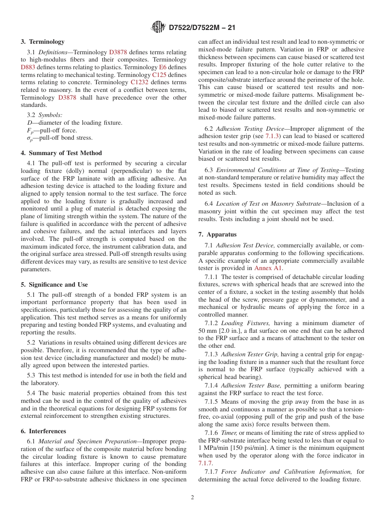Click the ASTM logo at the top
point(158,27)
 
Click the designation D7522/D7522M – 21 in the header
point(201,28)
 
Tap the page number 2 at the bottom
point(192,498)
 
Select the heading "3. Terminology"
point(43,42)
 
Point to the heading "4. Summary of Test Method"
point(61,153)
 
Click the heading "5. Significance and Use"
point(54,285)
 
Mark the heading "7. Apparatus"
point(218,234)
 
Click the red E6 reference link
point(163,67)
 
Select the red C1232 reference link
point(139,82)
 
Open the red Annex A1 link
point(268,268)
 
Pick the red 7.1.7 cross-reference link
point(205,463)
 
